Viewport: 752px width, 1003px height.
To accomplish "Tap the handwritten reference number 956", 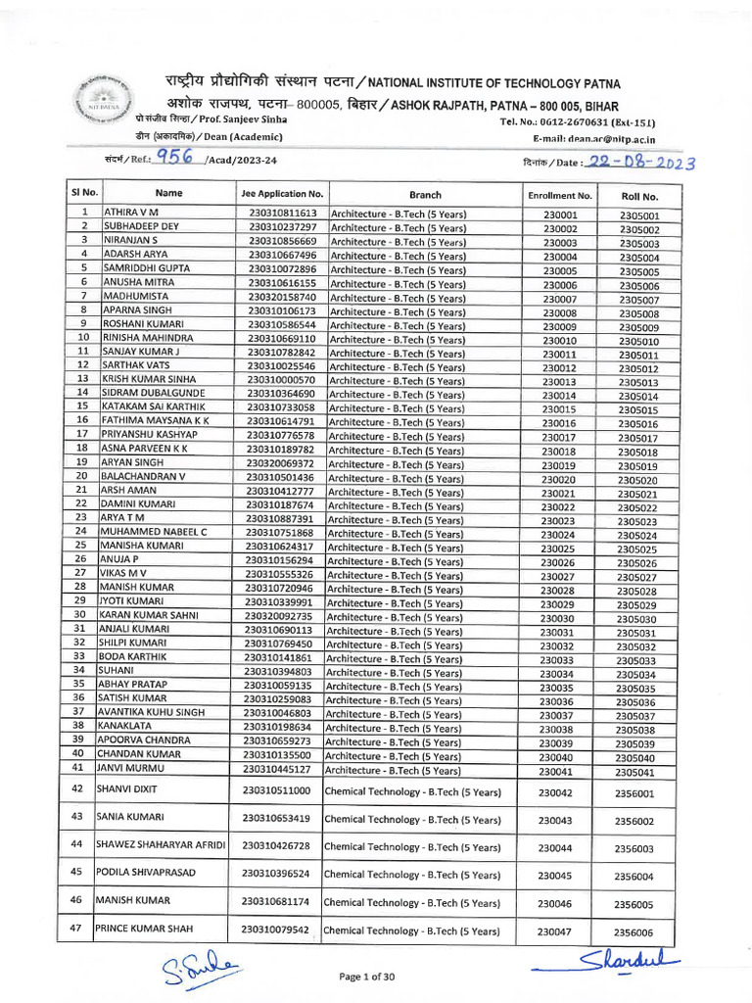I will [x=177, y=158].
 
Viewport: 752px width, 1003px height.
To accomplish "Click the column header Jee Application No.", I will [x=281, y=194].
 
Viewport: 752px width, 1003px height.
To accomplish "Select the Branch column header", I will [x=425, y=194].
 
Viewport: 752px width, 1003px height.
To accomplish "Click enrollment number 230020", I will [x=559, y=480].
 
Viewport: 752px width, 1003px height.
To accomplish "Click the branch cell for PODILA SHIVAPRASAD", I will [x=412, y=875].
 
